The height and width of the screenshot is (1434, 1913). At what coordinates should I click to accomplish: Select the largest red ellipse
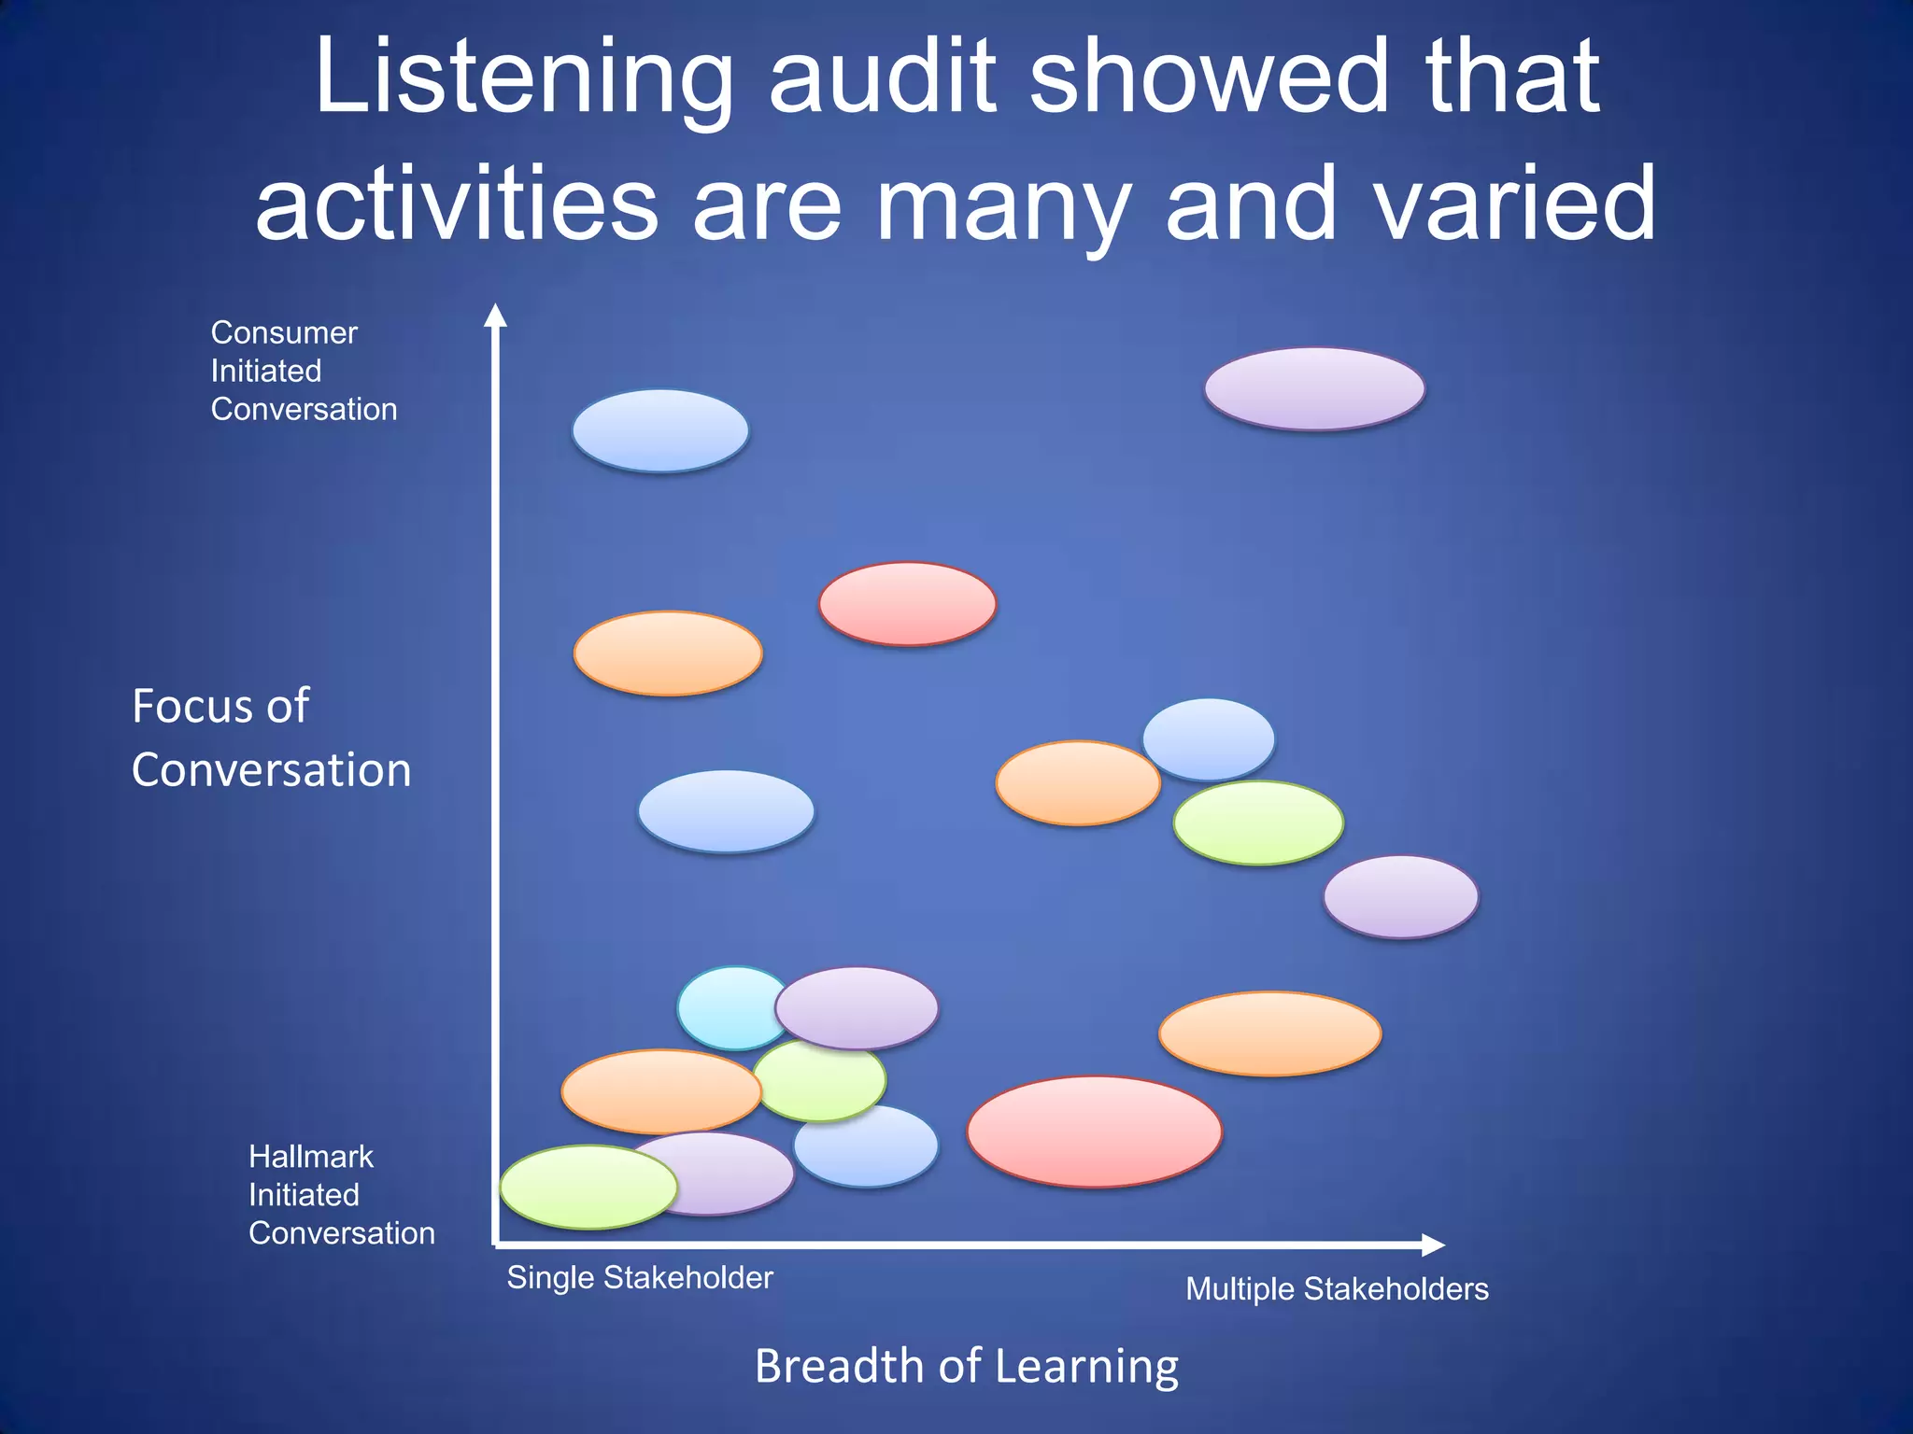point(1094,1132)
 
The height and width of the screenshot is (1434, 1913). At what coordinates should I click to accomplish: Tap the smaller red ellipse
point(907,604)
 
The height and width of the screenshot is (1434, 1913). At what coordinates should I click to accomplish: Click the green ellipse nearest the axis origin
point(588,1187)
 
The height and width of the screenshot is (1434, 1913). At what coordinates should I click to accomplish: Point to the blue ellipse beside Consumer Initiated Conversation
point(660,430)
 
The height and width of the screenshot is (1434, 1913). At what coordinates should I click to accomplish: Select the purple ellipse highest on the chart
point(1314,388)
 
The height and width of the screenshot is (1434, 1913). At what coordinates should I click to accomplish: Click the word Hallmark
point(310,1157)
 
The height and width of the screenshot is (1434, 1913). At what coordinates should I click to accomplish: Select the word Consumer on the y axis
point(284,332)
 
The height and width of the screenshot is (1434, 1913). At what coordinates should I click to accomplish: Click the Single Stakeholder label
point(640,1277)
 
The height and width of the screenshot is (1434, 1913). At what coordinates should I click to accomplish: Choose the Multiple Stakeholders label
point(1337,1288)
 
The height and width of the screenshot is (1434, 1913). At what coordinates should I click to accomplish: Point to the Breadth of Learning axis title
point(966,1366)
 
